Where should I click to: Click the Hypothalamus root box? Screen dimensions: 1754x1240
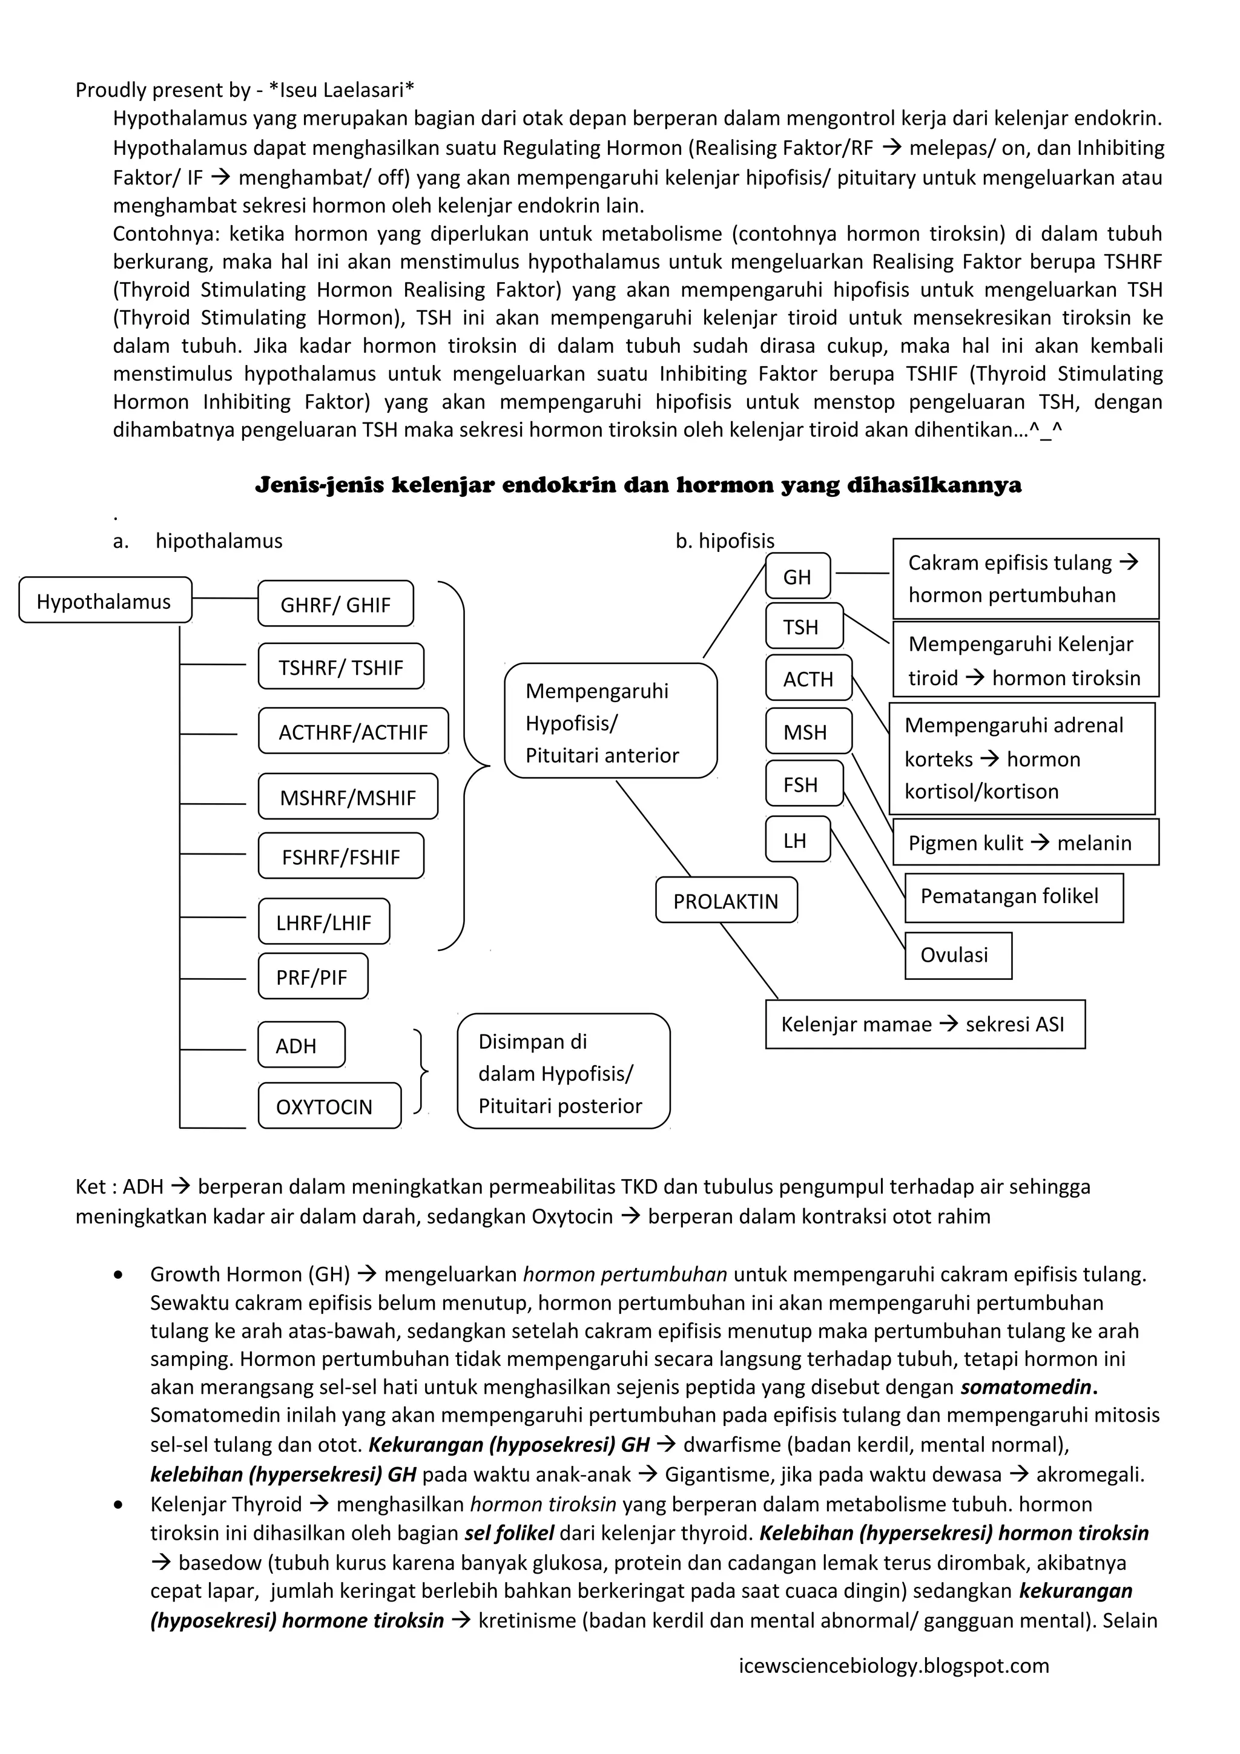click(105, 600)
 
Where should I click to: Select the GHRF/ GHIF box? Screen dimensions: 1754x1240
click(335, 604)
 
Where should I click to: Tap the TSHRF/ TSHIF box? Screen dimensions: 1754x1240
click(341, 667)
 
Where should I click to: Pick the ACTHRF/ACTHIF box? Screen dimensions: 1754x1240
click(353, 731)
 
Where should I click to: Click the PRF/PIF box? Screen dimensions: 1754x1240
click(312, 976)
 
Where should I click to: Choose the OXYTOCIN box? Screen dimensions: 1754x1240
click(329, 1105)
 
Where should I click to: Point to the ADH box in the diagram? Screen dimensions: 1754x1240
click(301, 1044)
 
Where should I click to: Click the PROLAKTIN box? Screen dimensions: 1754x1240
click(726, 900)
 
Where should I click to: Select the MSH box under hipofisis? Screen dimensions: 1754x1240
click(808, 731)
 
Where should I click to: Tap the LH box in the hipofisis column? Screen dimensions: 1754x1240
click(797, 839)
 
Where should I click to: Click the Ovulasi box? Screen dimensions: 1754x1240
click(957, 954)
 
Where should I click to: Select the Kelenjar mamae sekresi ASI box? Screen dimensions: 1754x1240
click(925, 1023)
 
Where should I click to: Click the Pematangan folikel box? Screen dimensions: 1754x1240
click(1012, 896)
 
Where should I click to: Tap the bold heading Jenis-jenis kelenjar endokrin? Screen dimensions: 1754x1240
click(638, 485)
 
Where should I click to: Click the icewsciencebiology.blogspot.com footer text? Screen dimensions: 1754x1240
click(894, 1666)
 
